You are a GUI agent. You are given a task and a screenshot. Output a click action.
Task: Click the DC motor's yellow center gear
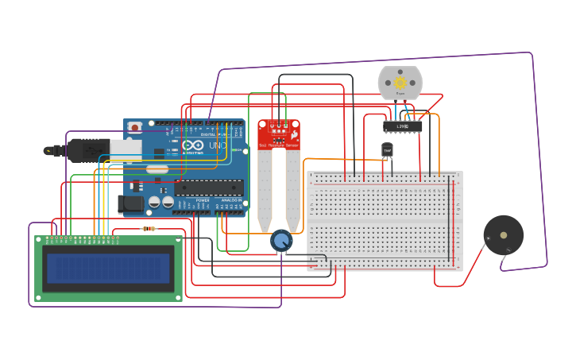click(400, 83)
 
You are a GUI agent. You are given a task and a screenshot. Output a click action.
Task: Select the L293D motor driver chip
click(402, 126)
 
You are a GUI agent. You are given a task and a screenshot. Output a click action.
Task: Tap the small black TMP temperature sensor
click(387, 150)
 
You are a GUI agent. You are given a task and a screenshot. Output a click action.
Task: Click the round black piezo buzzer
click(504, 234)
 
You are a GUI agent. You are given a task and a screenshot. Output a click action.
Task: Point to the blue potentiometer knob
click(281, 240)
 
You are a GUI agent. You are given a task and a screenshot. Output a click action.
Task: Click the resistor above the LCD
click(149, 229)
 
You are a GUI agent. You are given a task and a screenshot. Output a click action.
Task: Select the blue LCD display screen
click(108, 269)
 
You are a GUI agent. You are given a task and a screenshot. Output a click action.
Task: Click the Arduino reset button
click(135, 126)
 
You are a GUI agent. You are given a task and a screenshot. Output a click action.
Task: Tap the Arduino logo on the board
click(193, 145)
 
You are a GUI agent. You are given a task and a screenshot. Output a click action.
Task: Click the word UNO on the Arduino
click(215, 145)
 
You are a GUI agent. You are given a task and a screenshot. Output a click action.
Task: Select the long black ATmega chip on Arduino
click(208, 188)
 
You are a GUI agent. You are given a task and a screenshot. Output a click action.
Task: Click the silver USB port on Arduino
click(125, 149)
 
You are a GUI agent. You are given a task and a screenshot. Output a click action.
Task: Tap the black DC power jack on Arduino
click(130, 204)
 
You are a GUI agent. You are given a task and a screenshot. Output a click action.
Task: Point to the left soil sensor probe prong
click(265, 191)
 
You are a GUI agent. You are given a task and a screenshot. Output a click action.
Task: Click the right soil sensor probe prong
click(293, 191)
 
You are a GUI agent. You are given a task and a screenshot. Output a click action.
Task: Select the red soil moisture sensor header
click(279, 134)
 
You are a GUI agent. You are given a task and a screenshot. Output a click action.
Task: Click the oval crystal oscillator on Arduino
click(157, 168)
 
